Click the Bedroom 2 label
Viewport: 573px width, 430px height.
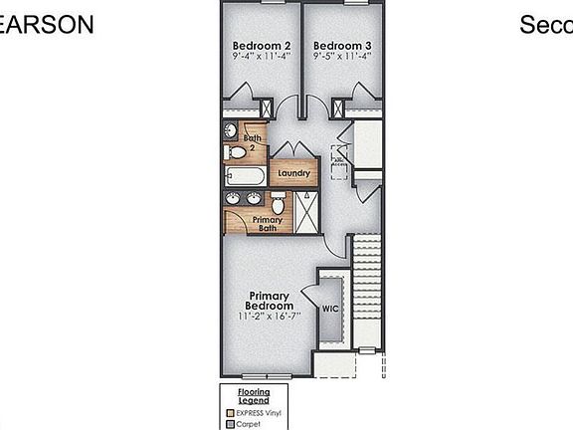coord(262,45)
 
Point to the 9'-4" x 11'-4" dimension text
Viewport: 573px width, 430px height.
coord(262,57)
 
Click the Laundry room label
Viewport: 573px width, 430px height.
coord(294,173)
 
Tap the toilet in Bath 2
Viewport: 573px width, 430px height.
coord(237,152)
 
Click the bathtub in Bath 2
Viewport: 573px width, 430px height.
coord(245,177)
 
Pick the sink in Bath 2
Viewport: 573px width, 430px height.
coord(230,131)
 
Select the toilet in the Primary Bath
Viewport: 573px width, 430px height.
coord(280,203)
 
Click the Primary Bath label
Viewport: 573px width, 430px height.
coord(267,224)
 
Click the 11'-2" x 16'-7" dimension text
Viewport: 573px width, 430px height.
coord(270,317)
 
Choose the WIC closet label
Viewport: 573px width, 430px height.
coord(331,309)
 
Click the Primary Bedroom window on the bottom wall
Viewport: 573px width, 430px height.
coord(267,375)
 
